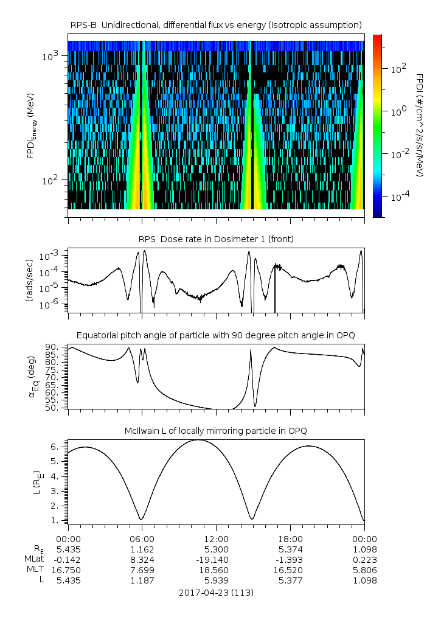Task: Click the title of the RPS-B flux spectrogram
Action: (216, 25)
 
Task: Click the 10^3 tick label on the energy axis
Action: (50, 56)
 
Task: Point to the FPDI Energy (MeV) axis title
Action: (32, 126)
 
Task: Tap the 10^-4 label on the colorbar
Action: (398, 197)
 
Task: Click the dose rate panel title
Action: (216, 239)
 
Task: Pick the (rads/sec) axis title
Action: (29, 280)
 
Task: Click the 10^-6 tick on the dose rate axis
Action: (49, 304)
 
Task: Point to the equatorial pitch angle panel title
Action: (216, 335)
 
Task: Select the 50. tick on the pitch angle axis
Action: (51, 408)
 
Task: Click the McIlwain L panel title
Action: (216, 431)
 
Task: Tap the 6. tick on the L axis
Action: (55, 447)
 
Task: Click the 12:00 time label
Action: (216, 539)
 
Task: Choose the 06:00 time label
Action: (142, 539)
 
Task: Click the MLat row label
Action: (35, 559)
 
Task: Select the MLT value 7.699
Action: (142, 570)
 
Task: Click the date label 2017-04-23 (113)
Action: (216, 593)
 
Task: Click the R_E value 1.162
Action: (142, 549)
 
